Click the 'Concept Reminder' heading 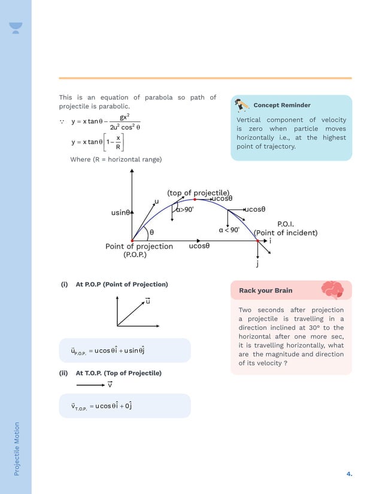pos(282,105)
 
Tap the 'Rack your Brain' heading pos(266,291)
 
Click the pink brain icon pos(332,290)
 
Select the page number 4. pos(349,474)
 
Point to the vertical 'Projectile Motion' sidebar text pos(17,449)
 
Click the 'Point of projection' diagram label pos(139,246)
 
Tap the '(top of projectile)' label pos(198,193)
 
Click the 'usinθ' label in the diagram pos(120,212)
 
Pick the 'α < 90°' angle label pos(229,230)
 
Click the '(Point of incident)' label pos(286,233)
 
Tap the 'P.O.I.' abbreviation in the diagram pos(286,224)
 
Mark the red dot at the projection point pos(132,240)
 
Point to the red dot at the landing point pos(258,240)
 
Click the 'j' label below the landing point pos(257,263)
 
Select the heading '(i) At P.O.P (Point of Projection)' pos(114,285)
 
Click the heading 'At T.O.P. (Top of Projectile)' pos(119,373)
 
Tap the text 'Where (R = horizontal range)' pos(116,159)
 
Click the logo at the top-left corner pos(16,28)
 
